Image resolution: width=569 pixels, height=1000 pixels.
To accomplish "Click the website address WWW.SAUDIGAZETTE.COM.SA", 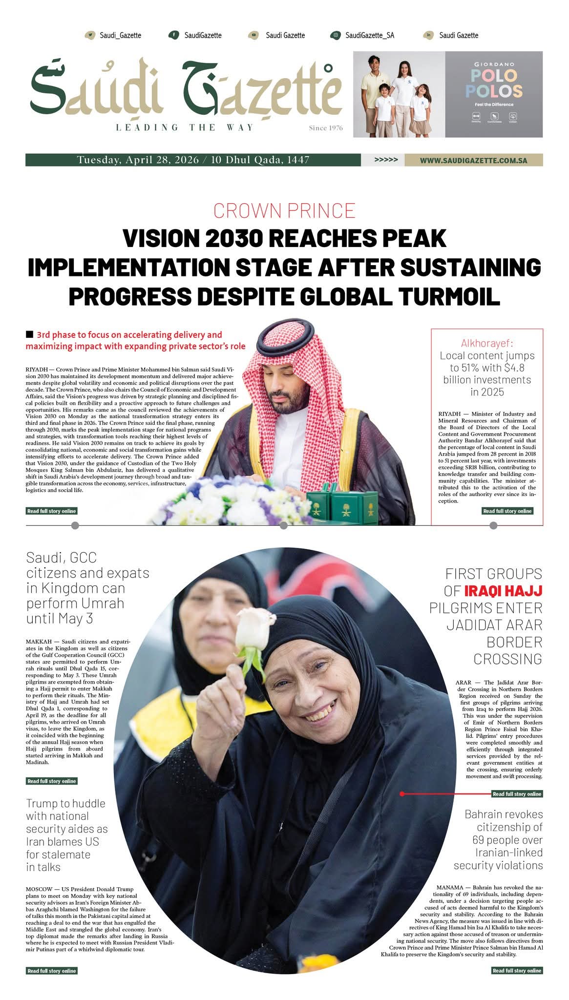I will [x=473, y=160].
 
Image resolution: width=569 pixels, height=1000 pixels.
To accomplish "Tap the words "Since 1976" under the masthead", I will [x=326, y=128].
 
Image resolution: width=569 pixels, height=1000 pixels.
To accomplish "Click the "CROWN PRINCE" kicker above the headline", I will [x=284, y=210].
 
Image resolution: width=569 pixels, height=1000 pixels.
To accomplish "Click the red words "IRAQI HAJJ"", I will [x=503, y=591].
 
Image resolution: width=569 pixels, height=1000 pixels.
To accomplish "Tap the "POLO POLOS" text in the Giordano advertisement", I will [x=494, y=83].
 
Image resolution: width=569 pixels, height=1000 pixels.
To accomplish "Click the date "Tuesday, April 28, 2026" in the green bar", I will [x=138, y=160].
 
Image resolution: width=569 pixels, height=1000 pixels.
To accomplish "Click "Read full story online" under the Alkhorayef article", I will [x=507, y=511].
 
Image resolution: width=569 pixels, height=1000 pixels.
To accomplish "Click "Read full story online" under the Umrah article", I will [x=52, y=781].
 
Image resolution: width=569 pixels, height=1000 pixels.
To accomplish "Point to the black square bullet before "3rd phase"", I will [x=30, y=334].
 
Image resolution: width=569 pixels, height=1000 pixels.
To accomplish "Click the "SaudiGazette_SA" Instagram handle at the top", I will [x=369, y=35].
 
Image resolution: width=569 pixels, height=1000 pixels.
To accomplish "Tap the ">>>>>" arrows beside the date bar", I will [x=386, y=160].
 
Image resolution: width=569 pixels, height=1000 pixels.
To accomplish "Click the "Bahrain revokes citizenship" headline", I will [x=498, y=840].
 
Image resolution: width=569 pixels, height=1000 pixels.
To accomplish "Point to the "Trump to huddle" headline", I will [x=66, y=835].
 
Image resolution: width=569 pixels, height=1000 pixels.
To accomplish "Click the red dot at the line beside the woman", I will [x=402, y=794].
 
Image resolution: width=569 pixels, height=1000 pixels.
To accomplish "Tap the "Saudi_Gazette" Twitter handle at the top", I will [x=120, y=35].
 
